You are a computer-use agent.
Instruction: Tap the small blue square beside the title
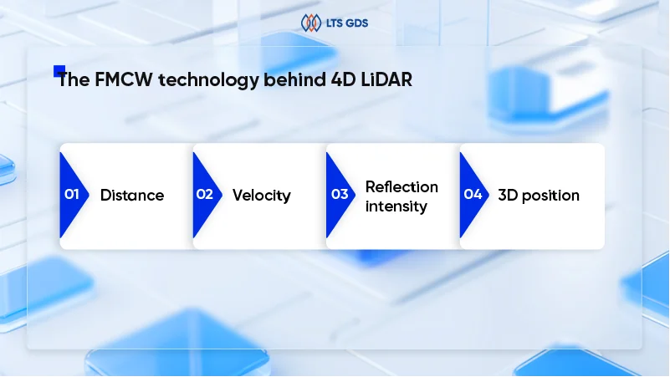59,71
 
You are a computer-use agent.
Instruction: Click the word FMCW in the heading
121,81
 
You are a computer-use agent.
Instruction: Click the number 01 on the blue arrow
71,195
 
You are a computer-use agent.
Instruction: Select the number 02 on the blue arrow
204,195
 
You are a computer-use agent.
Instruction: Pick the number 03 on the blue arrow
339,195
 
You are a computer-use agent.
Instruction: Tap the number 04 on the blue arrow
473,195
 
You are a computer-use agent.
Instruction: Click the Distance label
132,196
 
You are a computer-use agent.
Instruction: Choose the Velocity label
261,196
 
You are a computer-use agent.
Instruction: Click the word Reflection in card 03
401,186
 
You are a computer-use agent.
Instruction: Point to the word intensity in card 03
396,205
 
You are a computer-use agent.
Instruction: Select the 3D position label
539,196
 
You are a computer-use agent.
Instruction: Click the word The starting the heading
72,81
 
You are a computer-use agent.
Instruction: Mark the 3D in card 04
508,196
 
